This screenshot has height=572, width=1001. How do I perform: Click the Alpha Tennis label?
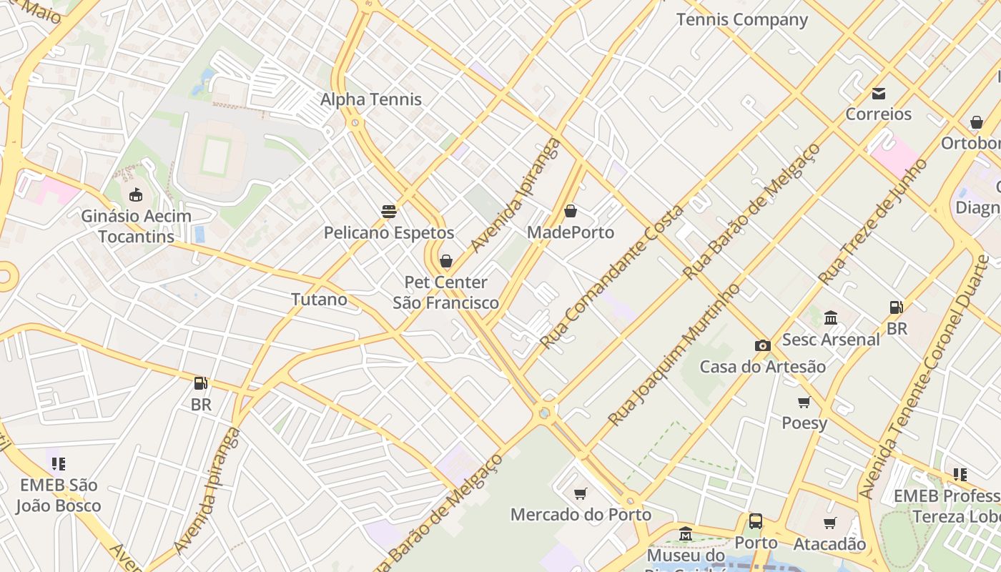coord(370,99)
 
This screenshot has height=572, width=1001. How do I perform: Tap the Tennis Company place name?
coord(741,19)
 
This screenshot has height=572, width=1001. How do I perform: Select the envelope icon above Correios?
coord(878,94)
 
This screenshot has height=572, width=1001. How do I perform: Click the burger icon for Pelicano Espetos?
coord(389,212)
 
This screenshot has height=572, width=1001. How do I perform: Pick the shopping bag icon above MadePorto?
coord(570,212)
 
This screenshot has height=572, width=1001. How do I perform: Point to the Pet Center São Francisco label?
coord(445,292)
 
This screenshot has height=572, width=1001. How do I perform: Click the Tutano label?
coord(319,299)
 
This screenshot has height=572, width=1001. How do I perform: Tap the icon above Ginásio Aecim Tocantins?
coord(135,194)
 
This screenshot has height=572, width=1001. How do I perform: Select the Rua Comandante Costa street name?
coord(612,275)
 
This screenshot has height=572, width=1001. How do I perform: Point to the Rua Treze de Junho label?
coord(872,222)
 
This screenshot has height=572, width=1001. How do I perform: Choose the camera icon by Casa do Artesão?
coord(762,346)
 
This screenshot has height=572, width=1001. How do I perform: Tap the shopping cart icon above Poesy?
coord(804,403)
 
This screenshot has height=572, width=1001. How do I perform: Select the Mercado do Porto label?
coord(581,514)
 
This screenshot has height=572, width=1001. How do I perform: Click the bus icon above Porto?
coord(756,522)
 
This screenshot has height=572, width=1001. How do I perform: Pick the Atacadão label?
coord(829,544)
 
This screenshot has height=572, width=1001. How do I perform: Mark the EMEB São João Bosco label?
coord(59,495)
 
